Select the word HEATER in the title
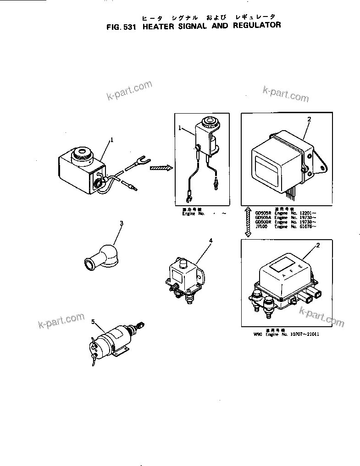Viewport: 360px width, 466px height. click(x=160, y=26)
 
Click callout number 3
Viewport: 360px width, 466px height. click(x=122, y=223)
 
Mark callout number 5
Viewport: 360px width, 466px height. click(x=93, y=322)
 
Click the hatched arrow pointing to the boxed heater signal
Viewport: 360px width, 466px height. click(x=161, y=168)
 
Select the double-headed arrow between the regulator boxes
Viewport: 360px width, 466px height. click(x=248, y=222)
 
